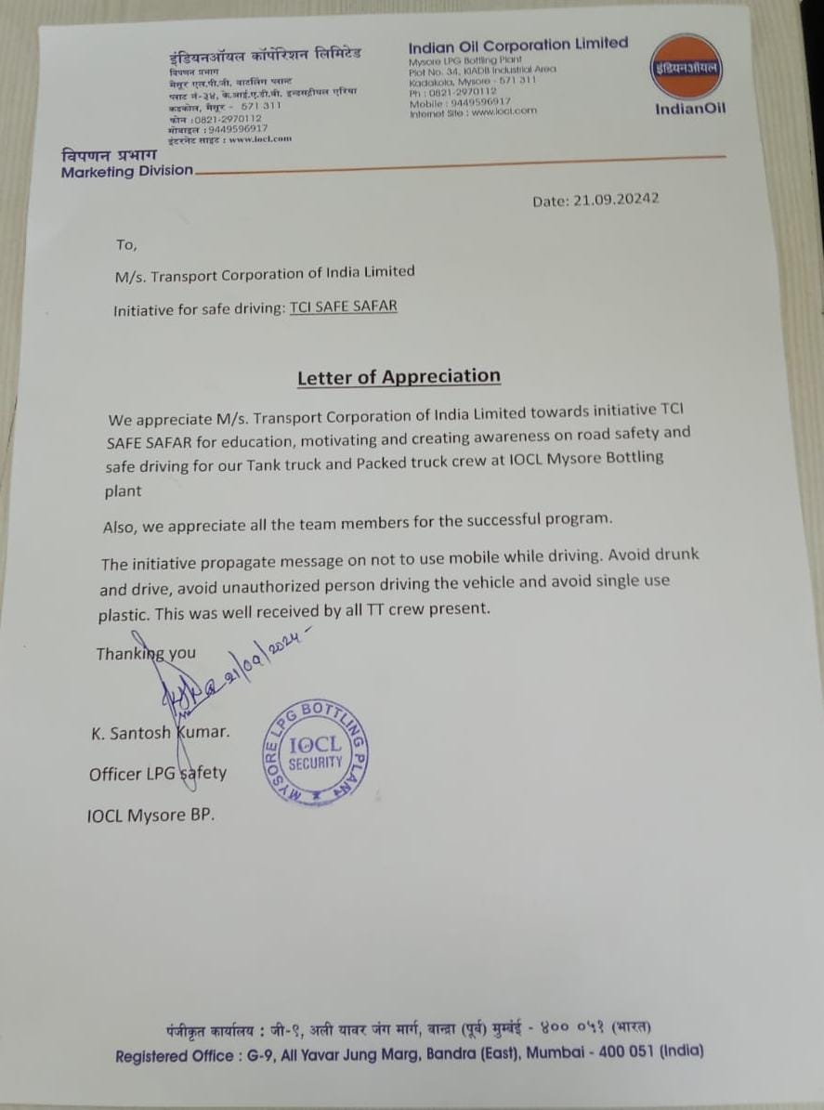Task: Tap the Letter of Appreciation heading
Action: (x=399, y=376)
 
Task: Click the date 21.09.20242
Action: (x=596, y=200)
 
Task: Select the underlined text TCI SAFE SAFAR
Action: (x=343, y=307)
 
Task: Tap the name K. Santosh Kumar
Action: (x=160, y=732)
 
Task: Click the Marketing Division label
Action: (x=127, y=171)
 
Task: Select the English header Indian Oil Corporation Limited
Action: (x=518, y=44)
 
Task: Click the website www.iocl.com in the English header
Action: (x=504, y=111)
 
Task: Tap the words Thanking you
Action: (x=146, y=653)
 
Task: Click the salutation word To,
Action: (x=126, y=245)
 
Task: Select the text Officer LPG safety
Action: (x=157, y=773)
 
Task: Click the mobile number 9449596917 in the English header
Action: (x=478, y=101)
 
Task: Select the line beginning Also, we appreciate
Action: (x=358, y=521)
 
